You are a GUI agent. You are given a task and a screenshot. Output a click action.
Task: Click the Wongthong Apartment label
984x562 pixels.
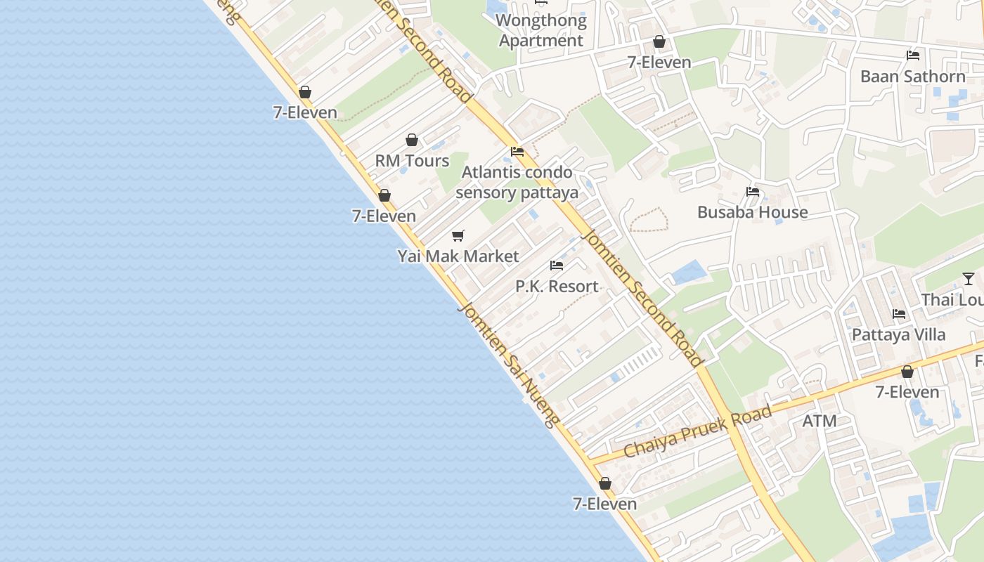pyautogui.click(x=541, y=30)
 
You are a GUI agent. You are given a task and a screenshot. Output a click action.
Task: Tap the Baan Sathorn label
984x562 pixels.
pyautogui.click(x=912, y=77)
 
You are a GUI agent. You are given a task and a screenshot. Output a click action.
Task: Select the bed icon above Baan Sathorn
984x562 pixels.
pyautogui.click(x=913, y=55)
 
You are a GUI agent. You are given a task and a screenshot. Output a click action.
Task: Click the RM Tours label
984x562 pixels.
pyautogui.click(x=412, y=161)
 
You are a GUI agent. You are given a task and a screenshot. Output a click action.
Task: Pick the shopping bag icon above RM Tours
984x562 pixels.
pyautogui.click(x=412, y=140)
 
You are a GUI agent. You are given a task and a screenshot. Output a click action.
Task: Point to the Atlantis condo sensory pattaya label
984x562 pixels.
pyautogui.click(x=517, y=182)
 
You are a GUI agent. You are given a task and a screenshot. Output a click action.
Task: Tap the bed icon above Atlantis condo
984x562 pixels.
pyautogui.click(x=517, y=151)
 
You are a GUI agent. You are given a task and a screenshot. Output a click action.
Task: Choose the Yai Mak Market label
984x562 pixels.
pyautogui.click(x=458, y=256)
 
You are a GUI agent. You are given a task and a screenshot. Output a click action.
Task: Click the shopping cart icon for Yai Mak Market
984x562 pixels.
pyautogui.click(x=458, y=235)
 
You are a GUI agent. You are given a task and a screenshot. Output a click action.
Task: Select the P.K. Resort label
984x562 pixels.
pyautogui.click(x=557, y=287)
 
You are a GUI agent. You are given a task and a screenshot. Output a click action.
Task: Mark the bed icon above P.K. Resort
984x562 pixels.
pyautogui.click(x=557, y=266)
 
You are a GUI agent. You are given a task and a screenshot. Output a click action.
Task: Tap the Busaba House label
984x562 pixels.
pyautogui.click(x=752, y=212)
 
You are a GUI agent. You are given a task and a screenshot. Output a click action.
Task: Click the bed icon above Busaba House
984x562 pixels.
pyautogui.click(x=753, y=191)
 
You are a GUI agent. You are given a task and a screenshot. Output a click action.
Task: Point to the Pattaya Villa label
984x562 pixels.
pyautogui.click(x=898, y=335)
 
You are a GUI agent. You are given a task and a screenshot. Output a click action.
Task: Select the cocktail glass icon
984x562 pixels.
pyautogui.click(x=969, y=279)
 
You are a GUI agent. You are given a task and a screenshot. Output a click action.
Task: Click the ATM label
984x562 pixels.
pyautogui.click(x=820, y=421)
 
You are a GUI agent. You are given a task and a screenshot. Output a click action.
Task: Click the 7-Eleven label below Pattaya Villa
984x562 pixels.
pyautogui.click(x=907, y=392)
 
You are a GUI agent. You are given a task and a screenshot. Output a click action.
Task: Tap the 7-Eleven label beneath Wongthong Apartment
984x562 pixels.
pyautogui.click(x=659, y=63)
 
